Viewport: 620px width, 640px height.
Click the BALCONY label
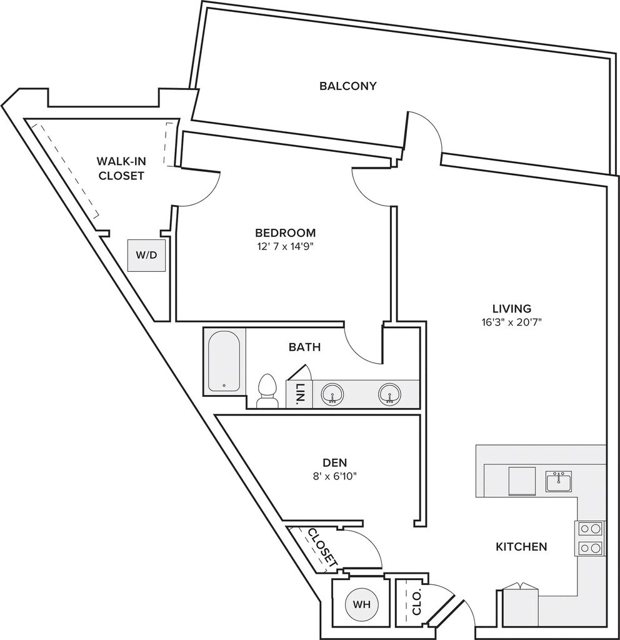pos(347,86)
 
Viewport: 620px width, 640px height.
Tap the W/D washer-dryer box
pos(146,256)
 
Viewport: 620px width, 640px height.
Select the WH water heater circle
pos(362,604)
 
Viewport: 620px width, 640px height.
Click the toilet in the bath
pos(267,391)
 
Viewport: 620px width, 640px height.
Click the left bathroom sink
pos(332,394)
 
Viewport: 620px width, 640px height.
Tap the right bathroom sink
pos(389,394)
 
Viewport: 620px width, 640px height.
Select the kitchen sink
pos(559,481)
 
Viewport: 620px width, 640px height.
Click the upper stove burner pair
pos(590,529)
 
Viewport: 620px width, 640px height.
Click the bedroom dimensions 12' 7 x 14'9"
pos(286,246)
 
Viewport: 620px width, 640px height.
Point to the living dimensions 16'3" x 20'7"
pos(511,322)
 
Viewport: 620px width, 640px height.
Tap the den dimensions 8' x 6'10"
pos(335,476)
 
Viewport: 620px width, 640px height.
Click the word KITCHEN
pos(521,546)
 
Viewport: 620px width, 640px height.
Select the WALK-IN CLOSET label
pos(121,168)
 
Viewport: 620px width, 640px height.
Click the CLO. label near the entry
pos(417,604)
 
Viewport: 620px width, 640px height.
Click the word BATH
pos(304,347)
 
